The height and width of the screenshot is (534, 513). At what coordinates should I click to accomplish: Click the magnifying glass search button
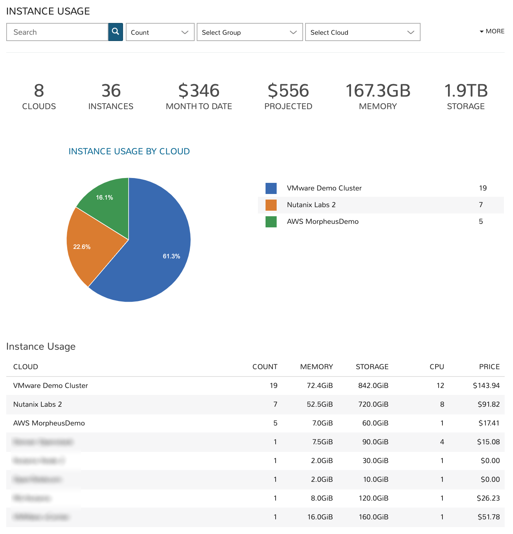pyautogui.click(x=115, y=32)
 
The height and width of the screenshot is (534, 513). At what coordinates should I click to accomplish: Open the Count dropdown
pyautogui.click(x=160, y=32)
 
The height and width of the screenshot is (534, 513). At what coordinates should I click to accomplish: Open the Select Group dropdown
pyautogui.click(x=250, y=32)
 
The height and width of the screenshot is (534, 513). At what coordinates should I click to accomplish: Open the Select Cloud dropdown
pyautogui.click(x=363, y=32)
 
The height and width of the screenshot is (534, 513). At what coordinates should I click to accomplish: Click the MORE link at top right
pyautogui.click(x=492, y=31)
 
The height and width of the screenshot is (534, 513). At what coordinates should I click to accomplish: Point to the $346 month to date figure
pyautogui.click(x=199, y=91)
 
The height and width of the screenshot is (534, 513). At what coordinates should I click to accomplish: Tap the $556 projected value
pyautogui.click(x=288, y=91)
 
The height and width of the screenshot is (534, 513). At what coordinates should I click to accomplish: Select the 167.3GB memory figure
pyautogui.click(x=378, y=91)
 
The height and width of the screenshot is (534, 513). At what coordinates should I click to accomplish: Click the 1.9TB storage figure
pyautogui.click(x=466, y=91)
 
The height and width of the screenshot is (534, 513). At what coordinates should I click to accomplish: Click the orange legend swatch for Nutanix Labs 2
pyautogui.click(x=271, y=205)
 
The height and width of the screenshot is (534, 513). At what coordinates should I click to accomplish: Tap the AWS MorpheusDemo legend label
pyautogui.click(x=323, y=221)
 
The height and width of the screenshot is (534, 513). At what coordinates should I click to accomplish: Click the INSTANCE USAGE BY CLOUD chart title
pyautogui.click(x=129, y=151)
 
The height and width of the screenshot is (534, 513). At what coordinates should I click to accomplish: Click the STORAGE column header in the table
pyautogui.click(x=372, y=367)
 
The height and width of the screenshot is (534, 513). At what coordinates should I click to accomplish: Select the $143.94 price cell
pyautogui.click(x=486, y=386)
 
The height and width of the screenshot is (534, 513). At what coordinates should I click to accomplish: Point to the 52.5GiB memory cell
pyautogui.click(x=319, y=404)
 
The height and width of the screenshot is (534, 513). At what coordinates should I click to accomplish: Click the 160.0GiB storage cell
pyautogui.click(x=373, y=517)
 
